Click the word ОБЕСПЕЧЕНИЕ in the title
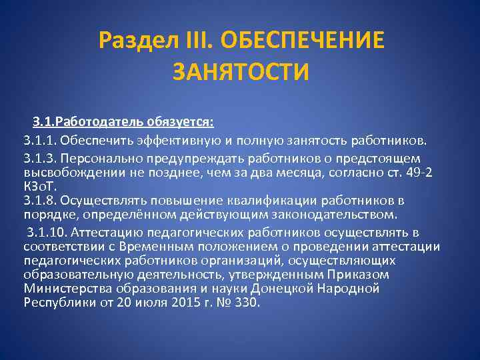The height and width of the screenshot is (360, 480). (305, 41)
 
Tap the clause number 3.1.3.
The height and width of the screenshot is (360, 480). (38, 159)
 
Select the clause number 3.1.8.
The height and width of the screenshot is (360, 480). (38, 201)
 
